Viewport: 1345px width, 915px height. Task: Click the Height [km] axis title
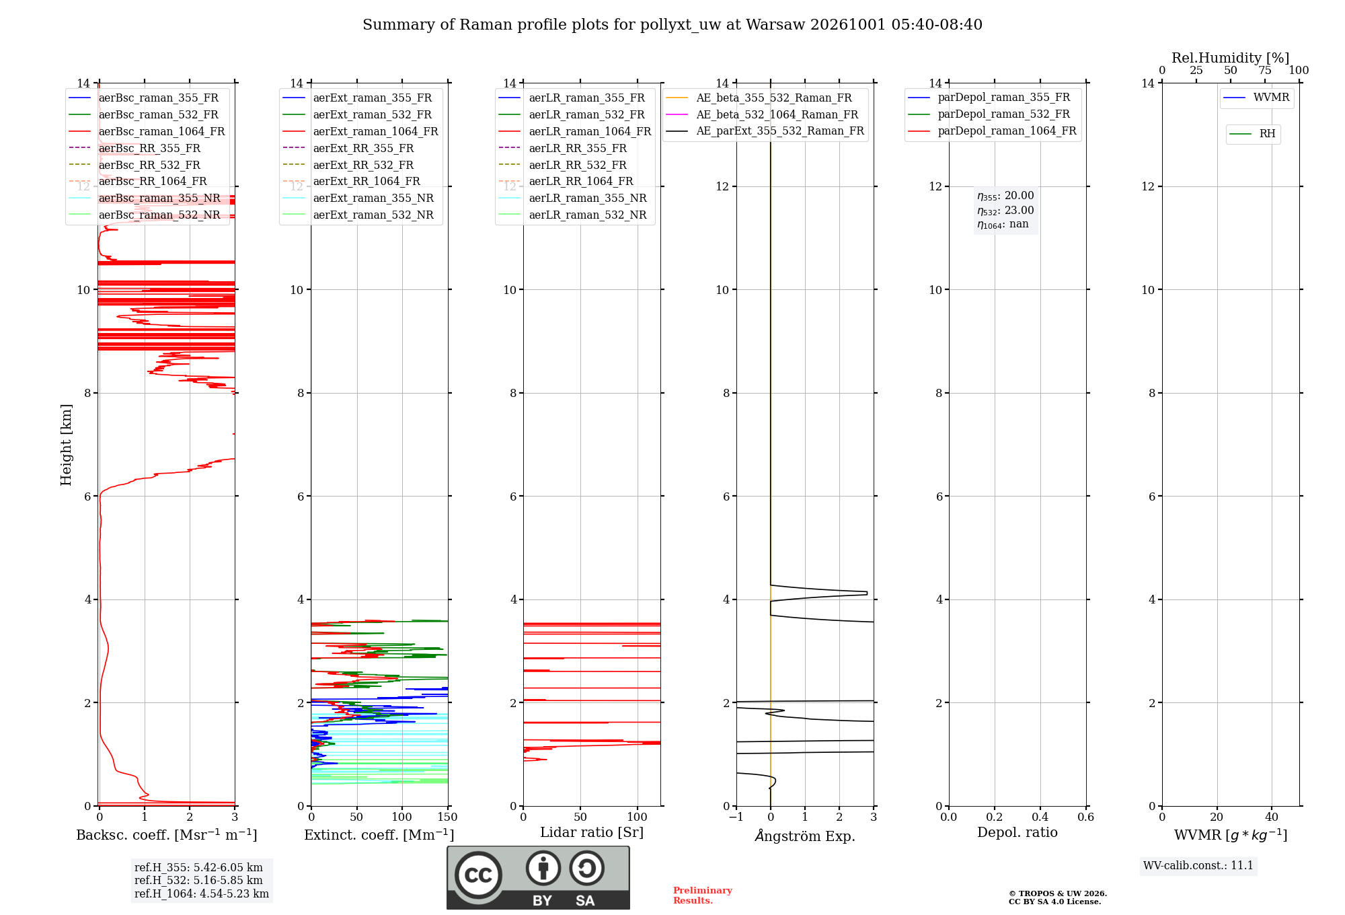66,445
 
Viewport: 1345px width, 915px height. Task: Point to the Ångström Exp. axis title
805,836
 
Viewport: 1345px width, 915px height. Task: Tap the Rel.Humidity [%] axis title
1231,58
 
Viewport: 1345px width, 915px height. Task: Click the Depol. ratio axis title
1017,832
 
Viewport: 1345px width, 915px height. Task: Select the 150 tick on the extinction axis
448,817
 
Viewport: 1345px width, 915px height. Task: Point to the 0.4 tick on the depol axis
1040,817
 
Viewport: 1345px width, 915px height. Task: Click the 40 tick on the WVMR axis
1272,817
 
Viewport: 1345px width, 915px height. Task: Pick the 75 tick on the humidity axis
1265,70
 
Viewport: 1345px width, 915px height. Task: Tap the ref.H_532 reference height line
198,880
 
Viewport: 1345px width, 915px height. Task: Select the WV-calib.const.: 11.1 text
1198,865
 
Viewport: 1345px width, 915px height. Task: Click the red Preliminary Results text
703,895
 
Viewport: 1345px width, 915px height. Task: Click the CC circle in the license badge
478,875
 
